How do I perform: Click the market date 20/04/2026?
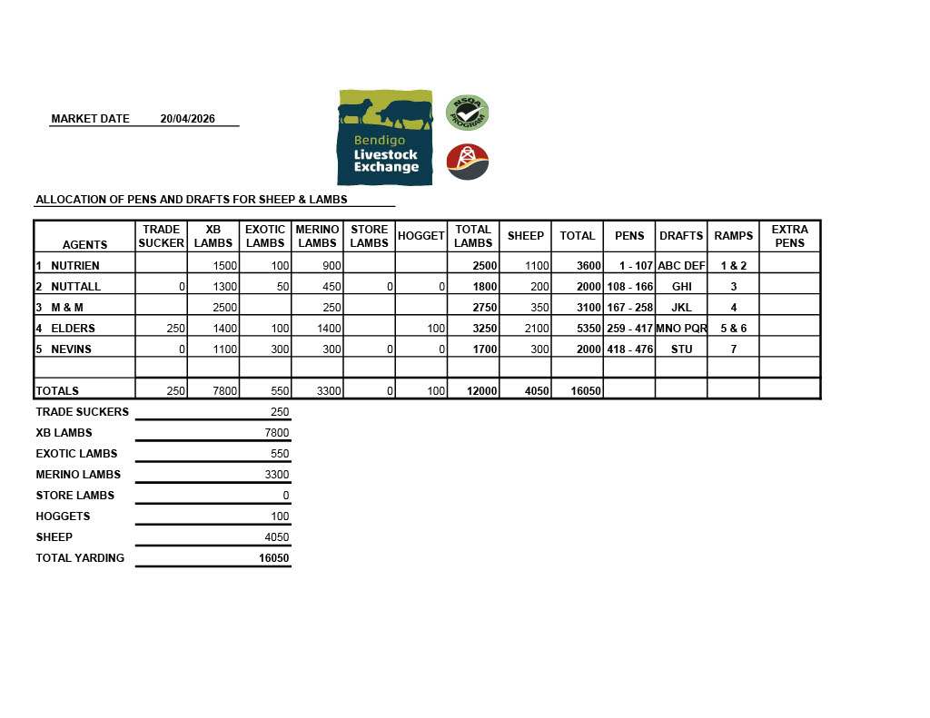[187, 119]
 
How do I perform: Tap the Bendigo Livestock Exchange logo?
[384, 137]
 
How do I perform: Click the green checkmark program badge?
[467, 113]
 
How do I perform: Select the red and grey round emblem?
[467, 162]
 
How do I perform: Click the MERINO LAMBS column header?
[317, 236]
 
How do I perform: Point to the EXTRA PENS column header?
[789, 236]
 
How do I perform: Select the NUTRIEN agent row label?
[74, 266]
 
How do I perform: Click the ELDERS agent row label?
[73, 329]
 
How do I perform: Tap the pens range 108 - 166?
[629, 287]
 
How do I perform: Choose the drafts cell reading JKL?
[681, 308]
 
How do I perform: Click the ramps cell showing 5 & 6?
[733, 329]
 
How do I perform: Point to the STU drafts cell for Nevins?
[681, 349]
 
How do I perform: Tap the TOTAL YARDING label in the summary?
[80, 558]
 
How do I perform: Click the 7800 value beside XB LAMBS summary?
[276, 433]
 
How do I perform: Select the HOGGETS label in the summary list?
[63, 516]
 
